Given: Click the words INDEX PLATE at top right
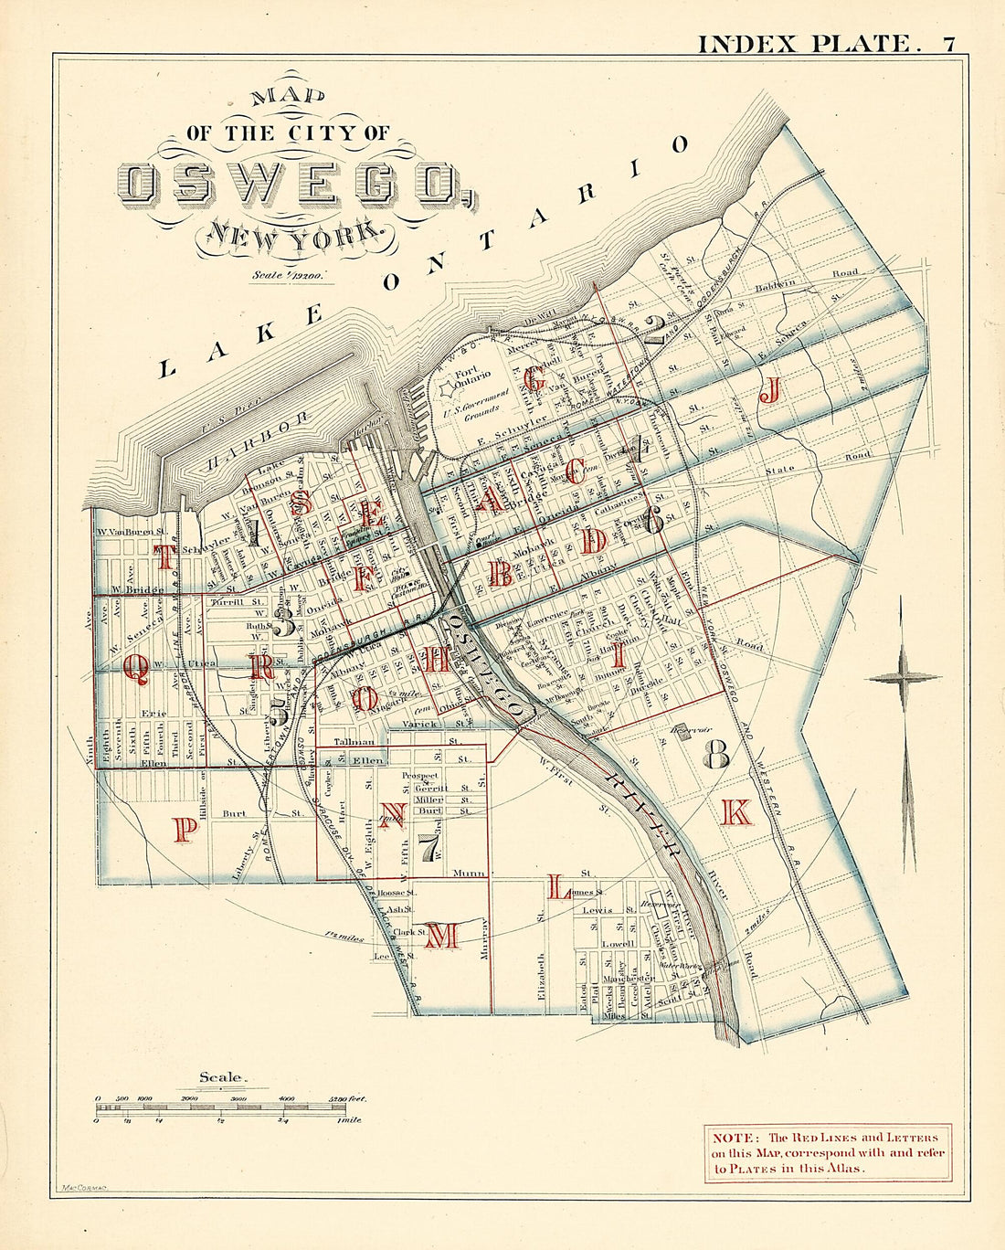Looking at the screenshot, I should click(x=804, y=43).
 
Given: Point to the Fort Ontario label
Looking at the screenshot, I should click(x=472, y=376).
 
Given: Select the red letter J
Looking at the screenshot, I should click(x=770, y=392).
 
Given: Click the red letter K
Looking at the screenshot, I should click(x=735, y=812).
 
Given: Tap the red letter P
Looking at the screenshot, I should click(x=185, y=829).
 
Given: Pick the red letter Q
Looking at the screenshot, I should click(x=135, y=672).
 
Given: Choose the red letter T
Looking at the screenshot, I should click(x=164, y=555).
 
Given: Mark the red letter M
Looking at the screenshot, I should click(x=442, y=935).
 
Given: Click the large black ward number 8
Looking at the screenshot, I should click(x=715, y=754).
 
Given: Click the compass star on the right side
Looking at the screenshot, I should click(x=903, y=677).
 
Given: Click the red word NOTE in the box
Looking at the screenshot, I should click(x=733, y=1138).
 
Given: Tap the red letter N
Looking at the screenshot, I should click(x=394, y=813).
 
